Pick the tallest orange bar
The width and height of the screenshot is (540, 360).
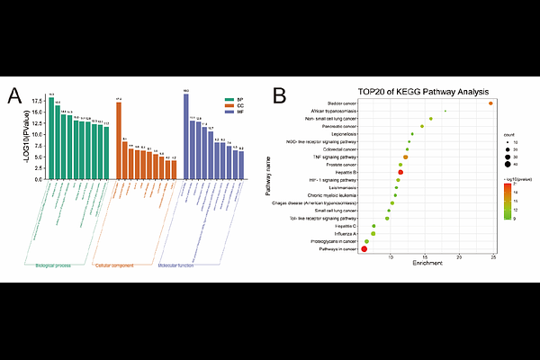coord(119,140)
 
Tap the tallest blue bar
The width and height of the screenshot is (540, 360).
coord(186,136)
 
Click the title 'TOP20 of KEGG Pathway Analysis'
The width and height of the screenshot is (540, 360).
coord(423,91)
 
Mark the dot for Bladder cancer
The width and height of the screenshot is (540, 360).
coord(490,103)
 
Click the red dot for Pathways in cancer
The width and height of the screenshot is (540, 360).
coord(364,249)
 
